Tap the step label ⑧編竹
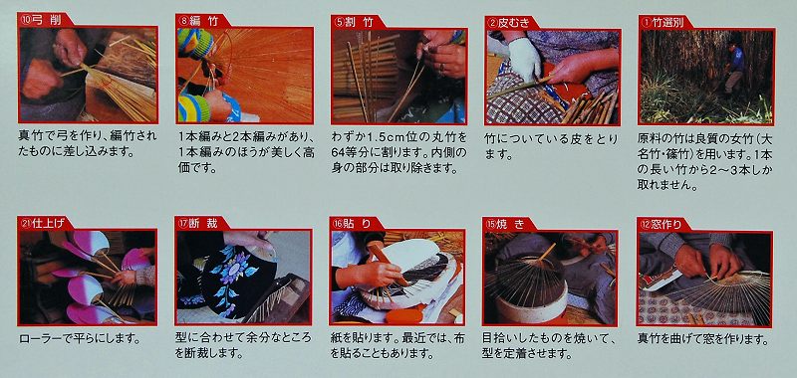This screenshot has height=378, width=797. (198, 21)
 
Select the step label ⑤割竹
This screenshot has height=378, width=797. (353, 22)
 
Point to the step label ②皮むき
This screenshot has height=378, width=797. (508, 23)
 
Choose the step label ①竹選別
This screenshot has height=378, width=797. (662, 23)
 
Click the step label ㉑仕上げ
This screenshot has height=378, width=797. (42, 223)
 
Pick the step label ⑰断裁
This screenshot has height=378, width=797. (197, 223)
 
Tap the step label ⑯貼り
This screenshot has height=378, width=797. (352, 223)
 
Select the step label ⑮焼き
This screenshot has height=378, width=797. (505, 224)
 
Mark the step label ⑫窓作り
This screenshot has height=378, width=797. (660, 224)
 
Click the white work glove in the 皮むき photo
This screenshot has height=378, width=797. (524, 59)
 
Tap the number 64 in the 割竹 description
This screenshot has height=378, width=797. (339, 153)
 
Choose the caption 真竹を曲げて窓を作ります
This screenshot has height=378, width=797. (702, 338)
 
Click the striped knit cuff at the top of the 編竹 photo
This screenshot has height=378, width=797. (196, 42)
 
